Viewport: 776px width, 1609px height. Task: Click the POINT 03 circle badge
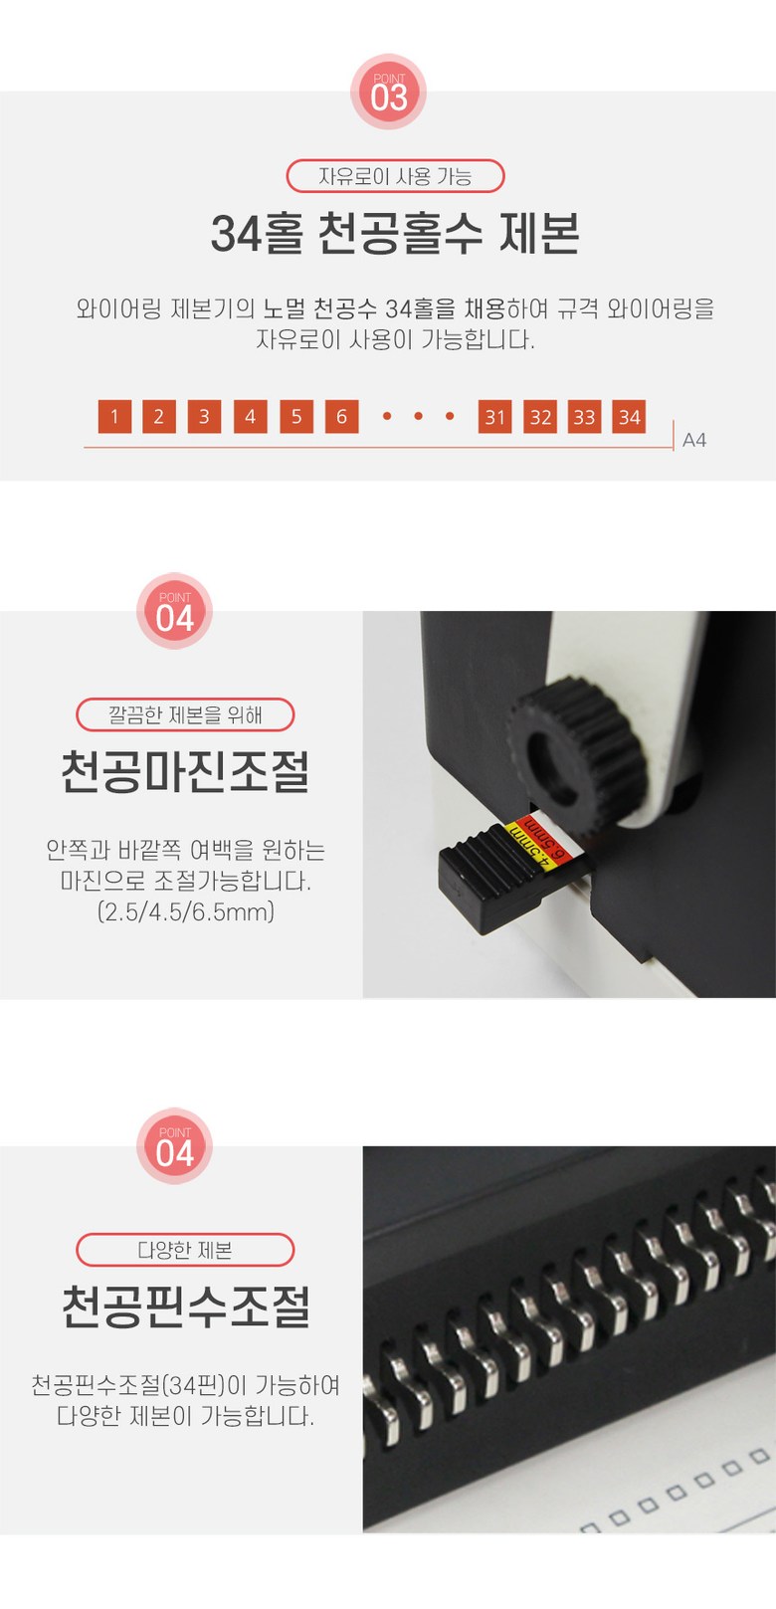[x=388, y=92]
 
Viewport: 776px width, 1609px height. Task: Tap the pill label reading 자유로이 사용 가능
[x=396, y=176]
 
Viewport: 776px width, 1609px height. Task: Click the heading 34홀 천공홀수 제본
[x=396, y=234]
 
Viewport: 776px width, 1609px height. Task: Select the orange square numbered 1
[x=114, y=417]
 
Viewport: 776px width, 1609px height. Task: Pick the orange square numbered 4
[x=251, y=417]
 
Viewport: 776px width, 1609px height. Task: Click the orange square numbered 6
[x=341, y=417]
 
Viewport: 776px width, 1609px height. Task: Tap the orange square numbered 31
[x=495, y=417]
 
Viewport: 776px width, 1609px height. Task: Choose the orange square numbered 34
[x=630, y=417]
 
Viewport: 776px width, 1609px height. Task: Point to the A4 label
[x=694, y=440]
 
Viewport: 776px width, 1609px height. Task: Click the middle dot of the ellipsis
[x=419, y=416]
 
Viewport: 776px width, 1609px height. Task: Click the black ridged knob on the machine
[x=577, y=750]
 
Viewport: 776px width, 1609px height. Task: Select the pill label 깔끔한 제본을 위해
[x=185, y=714]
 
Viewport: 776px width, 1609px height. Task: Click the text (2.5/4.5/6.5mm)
[x=186, y=911]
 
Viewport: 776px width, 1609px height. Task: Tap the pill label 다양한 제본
[x=185, y=1250]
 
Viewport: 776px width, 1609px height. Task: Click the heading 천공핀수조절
[x=185, y=1307]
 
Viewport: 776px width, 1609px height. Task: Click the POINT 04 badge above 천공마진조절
[x=174, y=611]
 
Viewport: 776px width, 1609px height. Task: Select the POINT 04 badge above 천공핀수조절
[x=174, y=1146]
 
